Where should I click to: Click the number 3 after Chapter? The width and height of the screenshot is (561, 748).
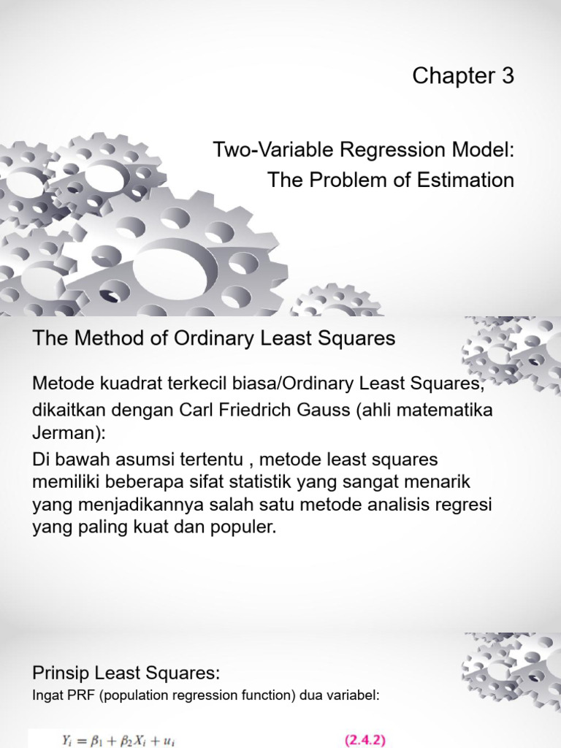[507, 76]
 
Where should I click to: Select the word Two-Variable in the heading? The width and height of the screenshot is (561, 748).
[259, 150]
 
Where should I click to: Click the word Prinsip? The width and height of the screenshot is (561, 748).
[61, 672]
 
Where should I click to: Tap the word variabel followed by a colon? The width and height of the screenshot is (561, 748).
[354, 695]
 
